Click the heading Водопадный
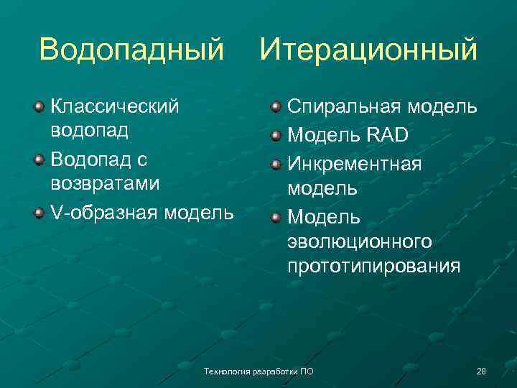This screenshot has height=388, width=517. coord(131,50)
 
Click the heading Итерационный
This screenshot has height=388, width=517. coord(368,50)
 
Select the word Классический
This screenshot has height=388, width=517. coord(115,107)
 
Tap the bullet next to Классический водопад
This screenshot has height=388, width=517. coord(38,108)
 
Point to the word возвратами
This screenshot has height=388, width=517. coord(105,183)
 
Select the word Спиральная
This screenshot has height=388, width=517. coord(345,107)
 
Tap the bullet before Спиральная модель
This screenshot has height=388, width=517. coord(276,108)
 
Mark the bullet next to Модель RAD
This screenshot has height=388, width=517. coord(276,135)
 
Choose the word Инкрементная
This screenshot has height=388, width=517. coord(355,162)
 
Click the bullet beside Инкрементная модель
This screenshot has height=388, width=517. coord(276,162)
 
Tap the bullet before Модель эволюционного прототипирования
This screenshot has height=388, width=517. coord(276,216)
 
